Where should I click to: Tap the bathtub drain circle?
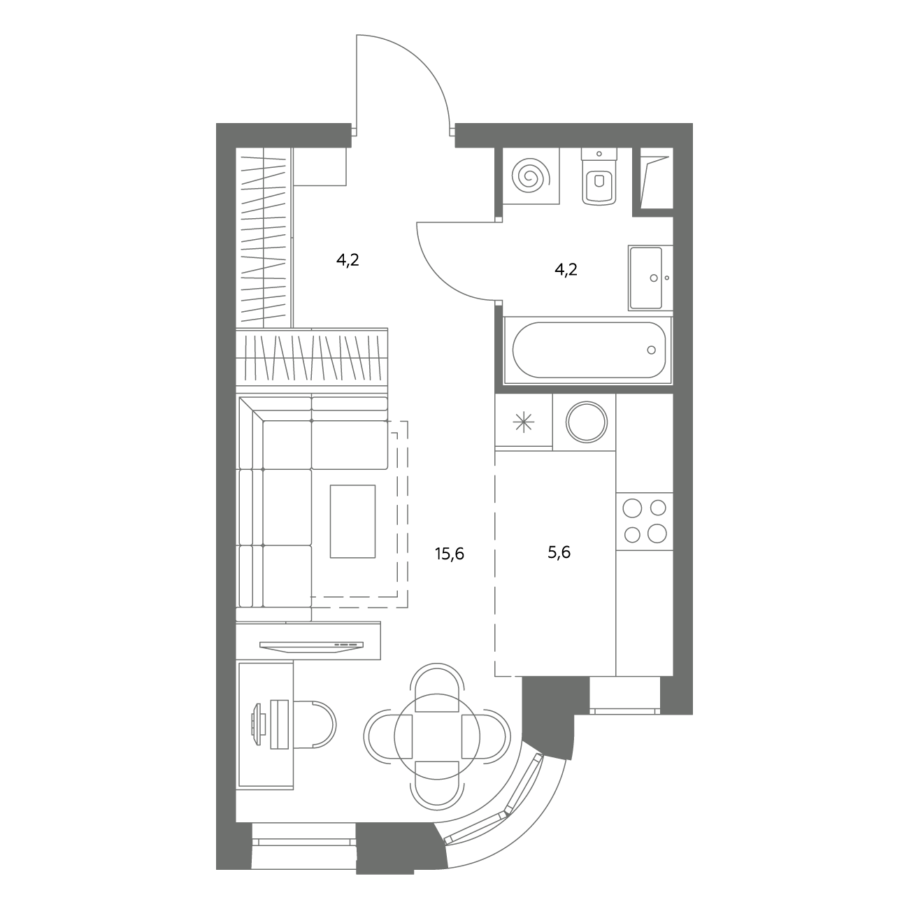[x=652, y=350]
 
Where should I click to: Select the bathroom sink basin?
[x=646, y=278]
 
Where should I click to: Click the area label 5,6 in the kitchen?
[x=559, y=552]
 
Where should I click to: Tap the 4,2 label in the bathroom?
[x=566, y=270]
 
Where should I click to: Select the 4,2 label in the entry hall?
[x=348, y=260]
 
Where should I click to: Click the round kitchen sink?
[x=587, y=422]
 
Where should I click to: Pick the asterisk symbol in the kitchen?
[x=524, y=422]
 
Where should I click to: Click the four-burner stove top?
[x=645, y=521]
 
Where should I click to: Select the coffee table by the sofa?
[x=353, y=521]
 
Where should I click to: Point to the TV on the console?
[x=311, y=646]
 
